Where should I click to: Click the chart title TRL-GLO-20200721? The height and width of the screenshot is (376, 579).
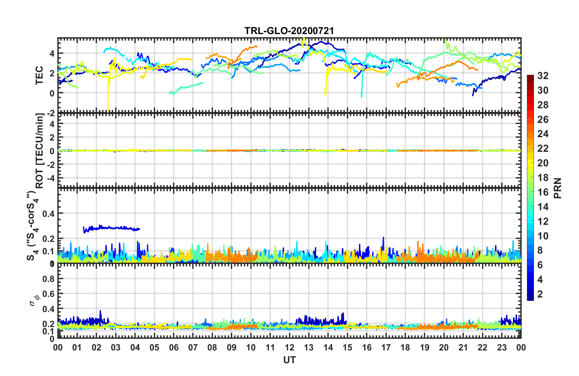(x=289, y=31)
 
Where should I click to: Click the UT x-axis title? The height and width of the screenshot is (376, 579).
(x=289, y=360)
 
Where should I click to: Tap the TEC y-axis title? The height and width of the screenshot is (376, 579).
(x=39, y=75)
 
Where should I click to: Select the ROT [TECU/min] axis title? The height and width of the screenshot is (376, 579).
(x=39, y=151)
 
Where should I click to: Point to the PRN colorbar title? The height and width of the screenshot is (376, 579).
(x=558, y=188)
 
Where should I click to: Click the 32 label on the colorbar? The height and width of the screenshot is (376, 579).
(x=543, y=76)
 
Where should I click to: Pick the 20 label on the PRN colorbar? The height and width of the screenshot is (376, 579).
(x=543, y=163)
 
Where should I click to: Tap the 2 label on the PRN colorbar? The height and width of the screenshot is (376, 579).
(x=540, y=294)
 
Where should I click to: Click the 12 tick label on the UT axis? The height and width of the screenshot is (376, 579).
(x=289, y=348)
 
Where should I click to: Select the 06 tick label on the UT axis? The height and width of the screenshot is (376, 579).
(x=174, y=348)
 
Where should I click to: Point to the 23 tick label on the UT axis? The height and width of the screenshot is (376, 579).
(x=502, y=348)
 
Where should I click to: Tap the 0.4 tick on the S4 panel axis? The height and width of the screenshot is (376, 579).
(x=48, y=214)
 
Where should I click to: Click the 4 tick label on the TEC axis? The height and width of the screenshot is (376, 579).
(x=52, y=54)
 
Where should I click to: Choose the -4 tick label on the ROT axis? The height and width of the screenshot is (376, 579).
(x=51, y=178)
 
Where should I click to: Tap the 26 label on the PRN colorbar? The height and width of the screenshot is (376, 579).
(x=543, y=120)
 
